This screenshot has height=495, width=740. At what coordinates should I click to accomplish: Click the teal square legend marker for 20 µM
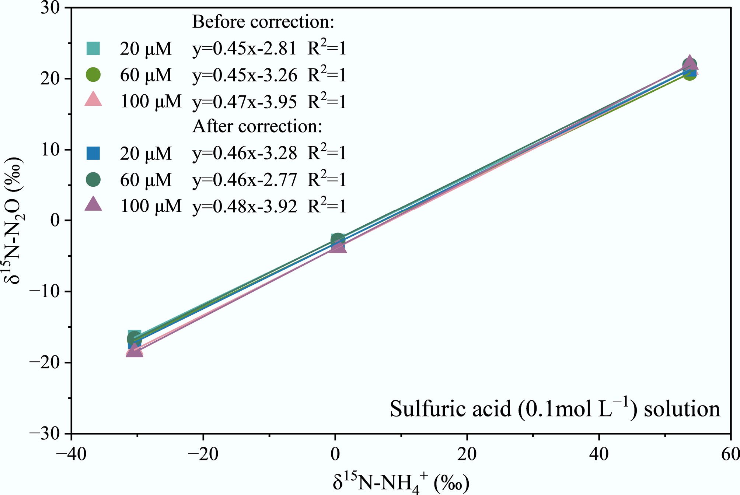(x=93, y=48)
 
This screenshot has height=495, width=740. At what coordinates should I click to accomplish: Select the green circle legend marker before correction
(x=93, y=75)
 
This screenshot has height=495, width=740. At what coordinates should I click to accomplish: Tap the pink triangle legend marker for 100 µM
(x=93, y=99)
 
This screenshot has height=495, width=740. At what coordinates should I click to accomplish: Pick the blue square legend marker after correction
(x=93, y=153)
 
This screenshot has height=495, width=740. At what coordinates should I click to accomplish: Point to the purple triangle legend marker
(x=93, y=204)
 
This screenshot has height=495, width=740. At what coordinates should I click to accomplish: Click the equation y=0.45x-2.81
(x=244, y=49)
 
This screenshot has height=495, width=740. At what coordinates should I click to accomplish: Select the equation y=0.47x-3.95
(x=244, y=102)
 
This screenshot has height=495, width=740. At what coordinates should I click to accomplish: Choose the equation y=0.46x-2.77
(x=244, y=180)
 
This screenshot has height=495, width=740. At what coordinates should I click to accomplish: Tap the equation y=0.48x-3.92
(x=244, y=206)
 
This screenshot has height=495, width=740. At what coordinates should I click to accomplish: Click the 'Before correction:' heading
(x=263, y=22)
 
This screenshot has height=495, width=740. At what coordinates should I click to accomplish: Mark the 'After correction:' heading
(x=257, y=127)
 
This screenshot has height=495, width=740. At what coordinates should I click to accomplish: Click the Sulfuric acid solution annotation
(x=555, y=409)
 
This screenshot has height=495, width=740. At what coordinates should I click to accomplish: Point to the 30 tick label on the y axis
(x=50, y=8)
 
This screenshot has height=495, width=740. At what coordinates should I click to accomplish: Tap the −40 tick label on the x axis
(x=71, y=454)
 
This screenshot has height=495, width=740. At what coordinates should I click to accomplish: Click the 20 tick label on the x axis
(x=467, y=454)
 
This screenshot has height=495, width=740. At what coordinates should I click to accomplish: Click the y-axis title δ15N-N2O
(x=14, y=220)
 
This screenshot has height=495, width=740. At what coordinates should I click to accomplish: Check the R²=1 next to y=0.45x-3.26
(x=327, y=75)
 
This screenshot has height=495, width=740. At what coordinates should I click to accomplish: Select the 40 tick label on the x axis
(x=599, y=454)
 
